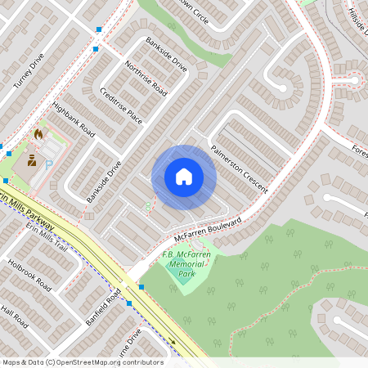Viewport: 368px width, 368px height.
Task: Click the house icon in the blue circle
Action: click(x=184, y=177)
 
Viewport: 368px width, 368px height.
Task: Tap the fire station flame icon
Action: click(x=38, y=132)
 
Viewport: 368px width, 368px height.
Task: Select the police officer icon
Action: click(x=32, y=160)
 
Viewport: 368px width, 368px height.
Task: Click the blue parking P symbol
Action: click(x=48, y=163)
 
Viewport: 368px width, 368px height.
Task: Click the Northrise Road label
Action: click(x=146, y=79)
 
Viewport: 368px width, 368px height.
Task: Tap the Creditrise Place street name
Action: click(x=121, y=106)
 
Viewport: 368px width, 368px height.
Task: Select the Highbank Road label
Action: click(x=73, y=119)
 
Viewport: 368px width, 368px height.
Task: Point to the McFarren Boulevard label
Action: click(x=208, y=231)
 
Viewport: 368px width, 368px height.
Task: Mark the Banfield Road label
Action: click(x=102, y=306)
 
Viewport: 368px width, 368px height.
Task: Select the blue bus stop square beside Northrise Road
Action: click(x=96, y=49)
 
